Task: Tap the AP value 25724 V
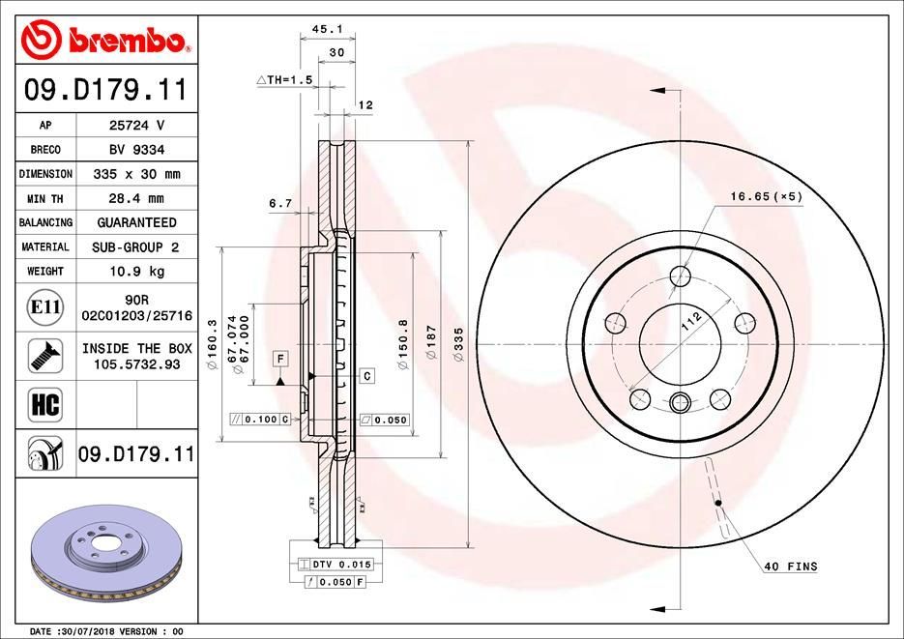point(135,126)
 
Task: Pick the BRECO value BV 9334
point(135,150)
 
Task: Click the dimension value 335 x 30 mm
point(135,174)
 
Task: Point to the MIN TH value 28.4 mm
point(135,198)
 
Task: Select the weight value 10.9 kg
point(135,272)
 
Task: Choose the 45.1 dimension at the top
point(311,30)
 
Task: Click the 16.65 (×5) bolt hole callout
point(767,196)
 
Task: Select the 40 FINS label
point(790,566)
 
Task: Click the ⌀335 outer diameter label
point(459,343)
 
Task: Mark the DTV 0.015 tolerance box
point(341,564)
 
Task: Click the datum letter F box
point(279,359)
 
